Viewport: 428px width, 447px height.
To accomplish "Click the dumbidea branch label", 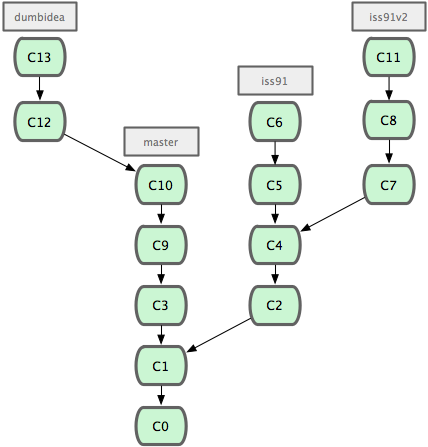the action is [x=40, y=17].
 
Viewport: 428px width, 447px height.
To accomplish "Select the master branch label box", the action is [x=161, y=142].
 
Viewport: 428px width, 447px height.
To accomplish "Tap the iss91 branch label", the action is [x=275, y=81].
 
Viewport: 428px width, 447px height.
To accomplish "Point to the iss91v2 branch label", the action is [x=389, y=17].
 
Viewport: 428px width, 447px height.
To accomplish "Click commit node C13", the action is [x=40, y=57].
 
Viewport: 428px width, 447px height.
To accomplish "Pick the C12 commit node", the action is [x=40, y=122].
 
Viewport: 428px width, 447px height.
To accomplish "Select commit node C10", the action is [x=161, y=185].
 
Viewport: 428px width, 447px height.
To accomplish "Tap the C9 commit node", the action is [x=161, y=245].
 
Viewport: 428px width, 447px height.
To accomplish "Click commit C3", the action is [x=161, y=305].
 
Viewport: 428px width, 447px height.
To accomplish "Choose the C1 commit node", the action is [x=161, y=366].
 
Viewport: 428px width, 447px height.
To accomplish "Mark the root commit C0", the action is [x=161, y=426].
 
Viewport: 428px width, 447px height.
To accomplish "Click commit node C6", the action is [x=275, y=122].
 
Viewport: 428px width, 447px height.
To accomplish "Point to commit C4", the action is [x=275, y=245].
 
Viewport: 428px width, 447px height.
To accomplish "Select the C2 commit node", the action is [x=275, y=305].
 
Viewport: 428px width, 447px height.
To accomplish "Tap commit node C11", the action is [x=389, y=57].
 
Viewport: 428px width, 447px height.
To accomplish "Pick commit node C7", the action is [x=389, y=185].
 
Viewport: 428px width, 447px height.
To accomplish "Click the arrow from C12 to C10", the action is [x=100, y=153].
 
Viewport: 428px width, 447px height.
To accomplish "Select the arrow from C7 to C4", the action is [x=333, y=214].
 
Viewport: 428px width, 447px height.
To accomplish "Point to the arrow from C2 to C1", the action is [x=219, y=335].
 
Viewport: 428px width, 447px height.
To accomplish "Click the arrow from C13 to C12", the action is [x=40, y=88].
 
